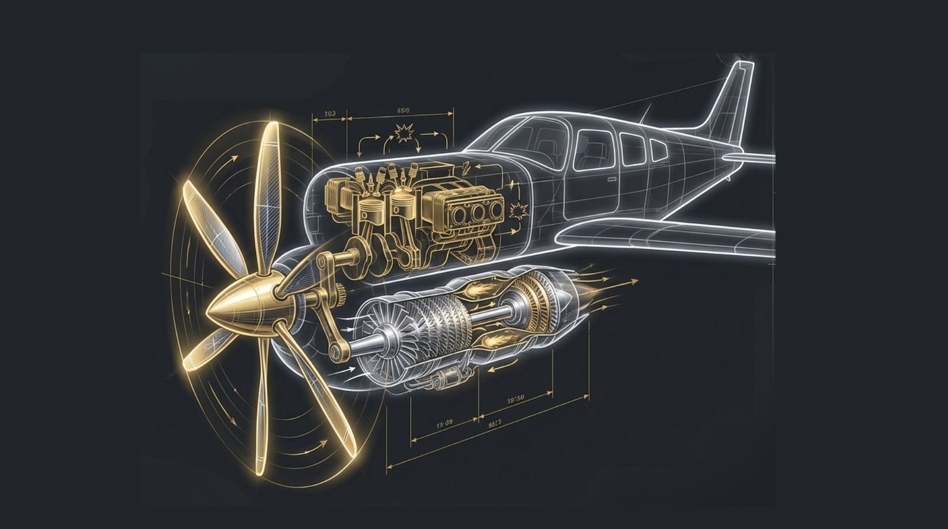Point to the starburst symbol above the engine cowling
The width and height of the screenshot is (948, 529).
(405, 135)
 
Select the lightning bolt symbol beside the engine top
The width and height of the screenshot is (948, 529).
(467, 166)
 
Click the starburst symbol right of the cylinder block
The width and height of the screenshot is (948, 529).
(520, 209)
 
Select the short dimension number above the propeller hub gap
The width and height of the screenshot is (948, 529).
(330, 113)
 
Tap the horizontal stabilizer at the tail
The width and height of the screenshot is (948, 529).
(750, 158)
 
